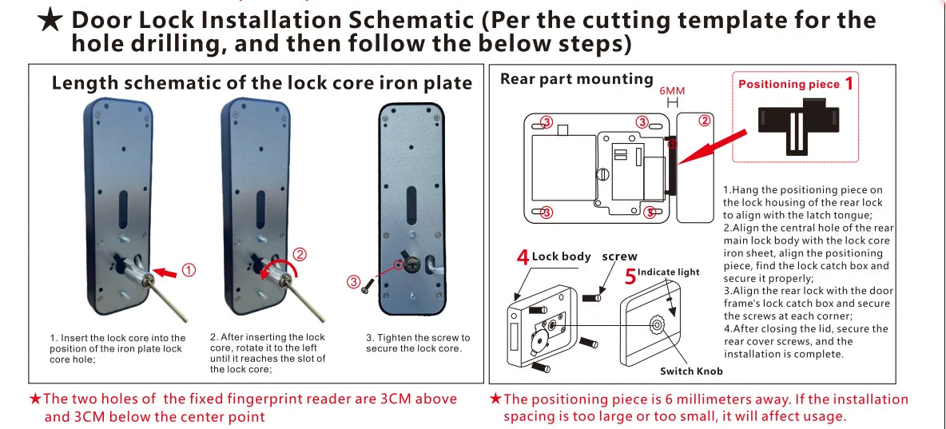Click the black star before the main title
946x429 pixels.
(50, 21)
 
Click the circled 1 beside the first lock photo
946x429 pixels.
(189, 270)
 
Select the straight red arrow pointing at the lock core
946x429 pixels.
(166, 272)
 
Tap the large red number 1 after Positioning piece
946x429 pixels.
(849, 83)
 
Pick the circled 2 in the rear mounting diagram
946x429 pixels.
(704, 121)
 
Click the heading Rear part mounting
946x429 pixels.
(576, 78)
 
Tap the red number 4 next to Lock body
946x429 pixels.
(523, 257)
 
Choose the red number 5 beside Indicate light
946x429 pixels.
(630, 276)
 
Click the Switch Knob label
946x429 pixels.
(691, 371)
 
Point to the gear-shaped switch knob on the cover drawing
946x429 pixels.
(658, 324)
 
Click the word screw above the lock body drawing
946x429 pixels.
(619, 256)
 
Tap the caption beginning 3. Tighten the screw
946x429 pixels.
(418, 343)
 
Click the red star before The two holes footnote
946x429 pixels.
(34, 399)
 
